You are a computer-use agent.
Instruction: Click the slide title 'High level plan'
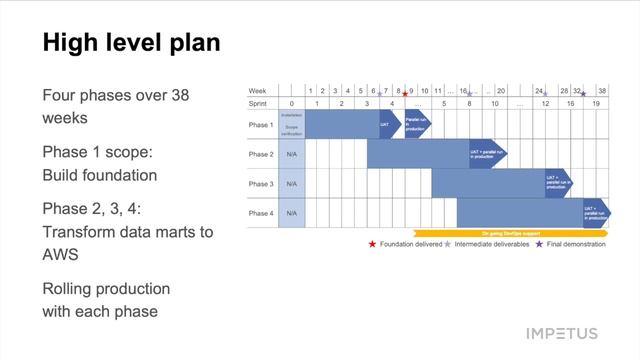[131, 43]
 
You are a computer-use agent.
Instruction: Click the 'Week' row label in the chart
[257, 90]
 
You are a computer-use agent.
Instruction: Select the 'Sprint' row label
[259, 103]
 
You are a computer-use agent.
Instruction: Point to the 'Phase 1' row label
[261, 125]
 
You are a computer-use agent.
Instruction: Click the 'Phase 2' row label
[261, 154]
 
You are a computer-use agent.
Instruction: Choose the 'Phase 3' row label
[261, 184]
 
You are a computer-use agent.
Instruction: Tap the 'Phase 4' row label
[261, 213]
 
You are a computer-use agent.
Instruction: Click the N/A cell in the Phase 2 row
[292, 154]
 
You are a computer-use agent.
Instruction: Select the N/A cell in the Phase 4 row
[292, 213]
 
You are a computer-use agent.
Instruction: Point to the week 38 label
[601, 90]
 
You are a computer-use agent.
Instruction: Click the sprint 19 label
[596, 103]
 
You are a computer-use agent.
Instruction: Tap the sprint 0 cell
[292, 103]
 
